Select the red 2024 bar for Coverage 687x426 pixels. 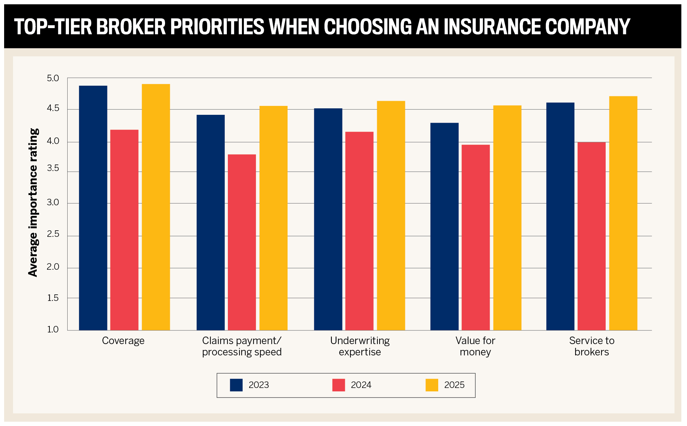pos(124,230)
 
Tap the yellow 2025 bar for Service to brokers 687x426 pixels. pos(623,213)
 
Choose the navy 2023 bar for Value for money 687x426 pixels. pos(444,226)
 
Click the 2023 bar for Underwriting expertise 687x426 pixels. pos(328,219)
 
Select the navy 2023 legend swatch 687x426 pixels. pos(236,385)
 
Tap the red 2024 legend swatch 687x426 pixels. pos(338,385)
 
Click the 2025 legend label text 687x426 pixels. pos(454,385)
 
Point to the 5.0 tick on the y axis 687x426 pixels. pos(53,78)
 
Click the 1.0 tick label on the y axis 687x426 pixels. pos(53,329)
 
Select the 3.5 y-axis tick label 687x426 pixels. pos(53,168)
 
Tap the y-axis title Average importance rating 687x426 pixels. pos(33,202)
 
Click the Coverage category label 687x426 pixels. pos(123,341)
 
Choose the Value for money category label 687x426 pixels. pos(475,346)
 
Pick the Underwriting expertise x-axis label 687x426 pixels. pos(360,346)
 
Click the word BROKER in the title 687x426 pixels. pos(131,26)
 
